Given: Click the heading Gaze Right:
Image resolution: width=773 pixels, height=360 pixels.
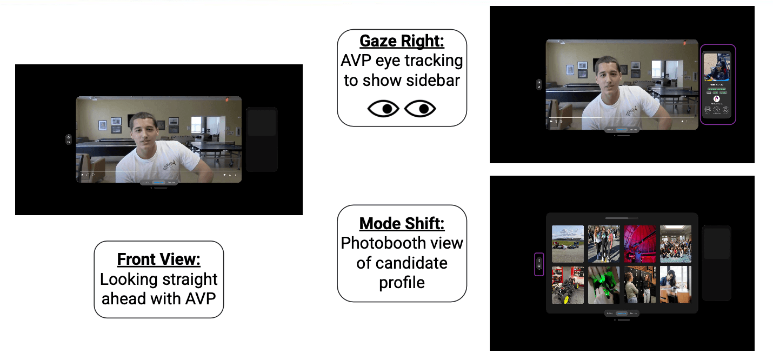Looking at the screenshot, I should (402, 41).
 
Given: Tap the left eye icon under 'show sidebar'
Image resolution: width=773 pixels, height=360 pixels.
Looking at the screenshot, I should (383, 109).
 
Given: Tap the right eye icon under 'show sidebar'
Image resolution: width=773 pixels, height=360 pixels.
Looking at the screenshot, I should (420, 109).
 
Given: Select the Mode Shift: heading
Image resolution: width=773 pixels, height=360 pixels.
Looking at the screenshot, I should (402, 223).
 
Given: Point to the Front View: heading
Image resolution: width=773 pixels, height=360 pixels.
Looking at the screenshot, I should (159, 259).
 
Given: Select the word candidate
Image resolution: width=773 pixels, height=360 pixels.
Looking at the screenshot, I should (402, 263).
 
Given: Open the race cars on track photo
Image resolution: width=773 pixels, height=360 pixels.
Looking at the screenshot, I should (568, 244).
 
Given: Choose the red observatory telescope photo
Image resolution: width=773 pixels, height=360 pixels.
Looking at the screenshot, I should (639, 244).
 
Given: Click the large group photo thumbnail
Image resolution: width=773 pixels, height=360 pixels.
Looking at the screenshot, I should (676, 244).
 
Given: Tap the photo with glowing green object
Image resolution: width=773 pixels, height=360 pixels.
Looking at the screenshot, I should (604, 284).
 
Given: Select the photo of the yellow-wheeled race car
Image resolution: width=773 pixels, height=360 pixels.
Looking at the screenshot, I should (568, 284).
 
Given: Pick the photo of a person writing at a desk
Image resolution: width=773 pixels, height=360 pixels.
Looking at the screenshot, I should (676, 284).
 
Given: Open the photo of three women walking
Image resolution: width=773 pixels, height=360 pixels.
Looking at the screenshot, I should (604, 244).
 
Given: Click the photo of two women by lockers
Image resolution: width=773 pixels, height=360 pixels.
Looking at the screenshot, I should (639, 284).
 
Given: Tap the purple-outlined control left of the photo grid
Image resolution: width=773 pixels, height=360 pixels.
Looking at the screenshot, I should (539, 264).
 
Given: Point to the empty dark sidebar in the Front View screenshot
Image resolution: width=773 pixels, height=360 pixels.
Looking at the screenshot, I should (262, 139).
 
